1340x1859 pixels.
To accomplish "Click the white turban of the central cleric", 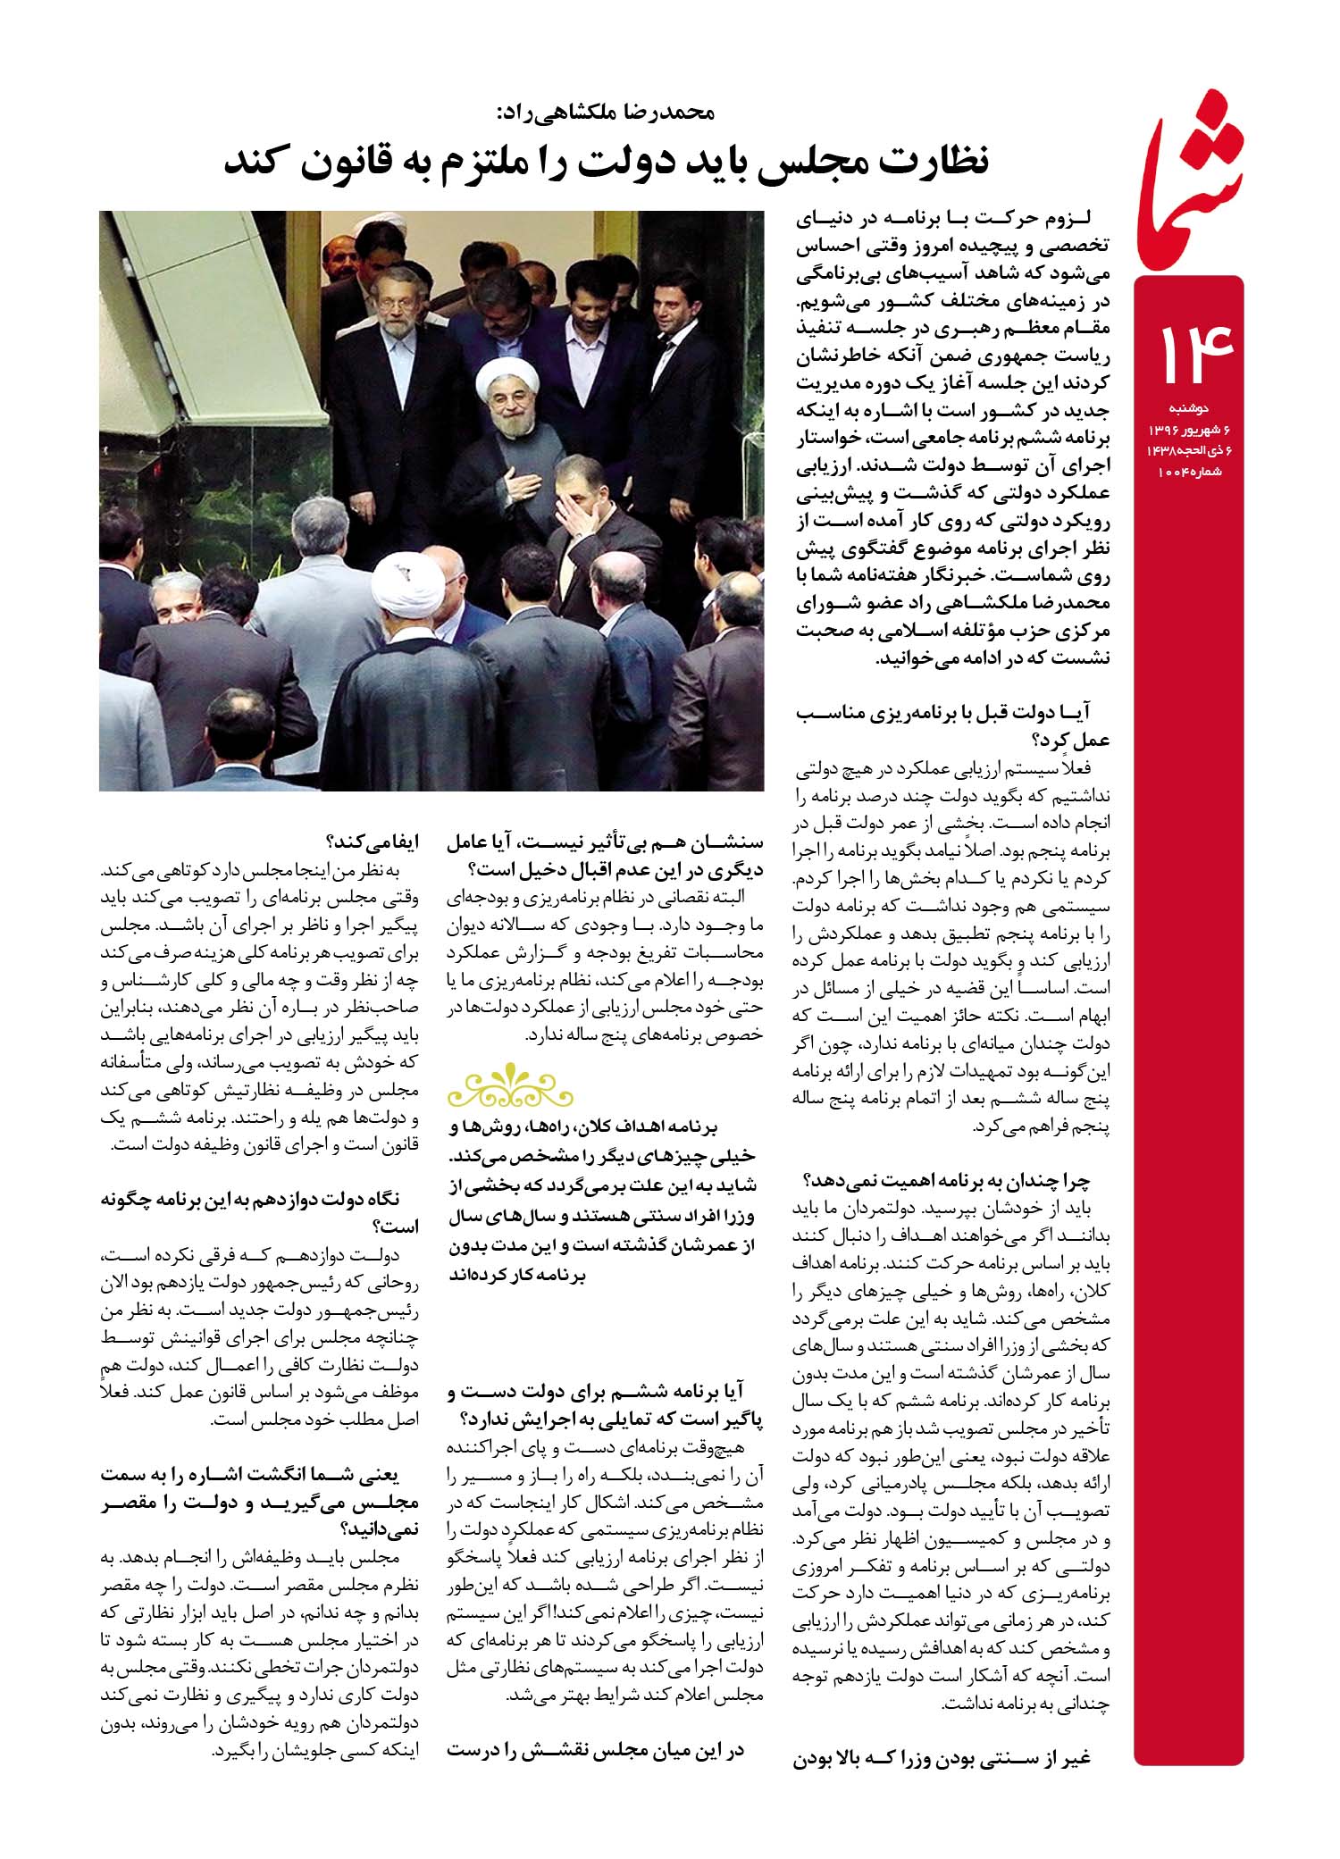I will (x=500, y=379).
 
